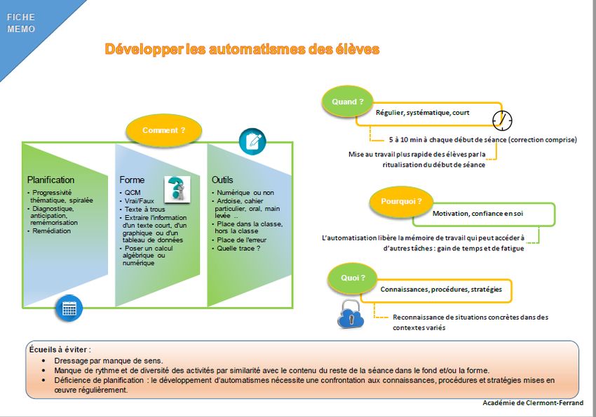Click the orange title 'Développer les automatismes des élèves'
(242, 49)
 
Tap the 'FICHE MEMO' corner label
(21, 23)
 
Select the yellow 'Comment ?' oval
(164, 130)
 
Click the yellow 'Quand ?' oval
(348, 102)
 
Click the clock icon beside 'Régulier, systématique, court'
(502, 118)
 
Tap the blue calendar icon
(69, 308)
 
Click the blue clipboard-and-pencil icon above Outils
(252, 141)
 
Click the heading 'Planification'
(50, 180)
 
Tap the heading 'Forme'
(132, 180)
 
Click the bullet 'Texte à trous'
(144, 209)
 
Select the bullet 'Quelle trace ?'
(241, 248)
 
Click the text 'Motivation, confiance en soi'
(478, 213)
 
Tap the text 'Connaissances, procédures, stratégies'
(441, 289)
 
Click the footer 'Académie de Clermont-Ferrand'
(533, 403)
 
